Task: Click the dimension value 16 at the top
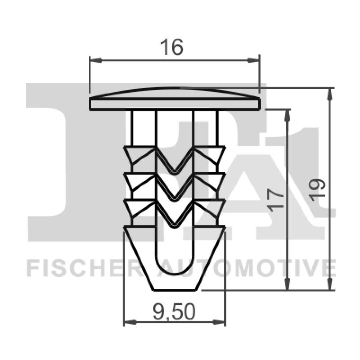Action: click(x=174, y=47)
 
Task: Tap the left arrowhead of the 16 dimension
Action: click(x=94, y=59)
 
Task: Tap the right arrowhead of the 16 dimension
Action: click(x=256, y=59)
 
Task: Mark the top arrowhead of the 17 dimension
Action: click(x=287, y=113)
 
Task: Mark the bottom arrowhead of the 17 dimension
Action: click(x=287, y=285)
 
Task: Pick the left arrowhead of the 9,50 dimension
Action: click(x=128, y=322)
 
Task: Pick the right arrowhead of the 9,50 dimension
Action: click(x=221, y=322)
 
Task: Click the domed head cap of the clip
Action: click(x=175, y=93)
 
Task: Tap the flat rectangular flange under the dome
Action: click(x=175, y=104)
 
